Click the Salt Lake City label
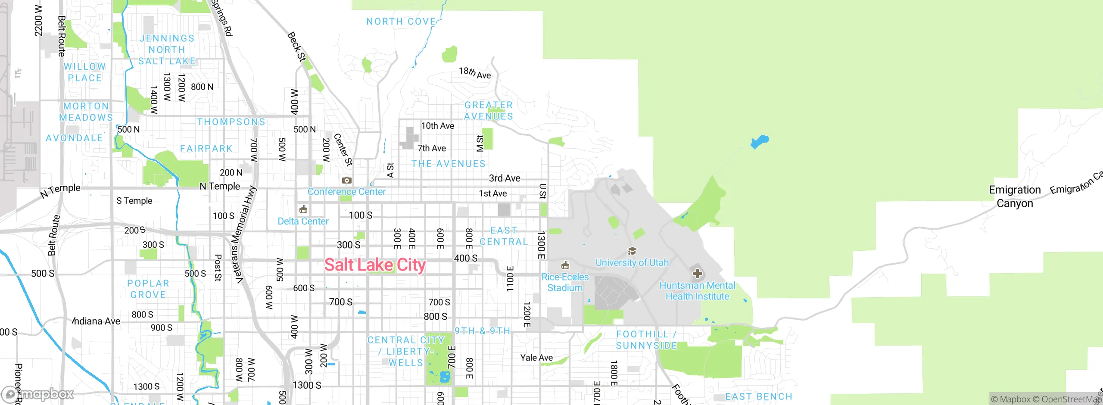pyautogui.click(x=375, y=265)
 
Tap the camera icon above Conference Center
pyautogui.click(x=346, y=180)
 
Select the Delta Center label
pyautogui.click(x=303, y=221)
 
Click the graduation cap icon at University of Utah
pyautogui.click(x=632, y=251)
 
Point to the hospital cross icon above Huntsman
pyautogui.click(x=697, y=273)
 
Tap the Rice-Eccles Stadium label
pyautogui.click(x=565, y=282)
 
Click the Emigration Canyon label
pyautogui.click(x=1015, y=196)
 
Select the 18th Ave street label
pyautogui.click(x=475, y=73)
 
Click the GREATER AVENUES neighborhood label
pyautogui.click(x=489, y=111)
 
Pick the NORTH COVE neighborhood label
pyautogui.click(x=401, y=22)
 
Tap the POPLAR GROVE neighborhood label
pyautogui.click(x=148, y=289)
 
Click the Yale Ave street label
pyautogui.click(x=536, y=358)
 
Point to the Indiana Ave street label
pyautogui.click(x=97, y=321)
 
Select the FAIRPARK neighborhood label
pyautogui.click(x=206, y=149)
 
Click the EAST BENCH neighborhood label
pyautogui.click(x=759, y=396)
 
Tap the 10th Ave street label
pyautogui.click(x=438, y=126)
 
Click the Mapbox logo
pyautogui.click(x=38, y=394)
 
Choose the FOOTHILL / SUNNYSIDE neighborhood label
pyautogui.click(x=646, y=340)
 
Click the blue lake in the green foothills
pyautogui.click(x=760, y=141)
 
